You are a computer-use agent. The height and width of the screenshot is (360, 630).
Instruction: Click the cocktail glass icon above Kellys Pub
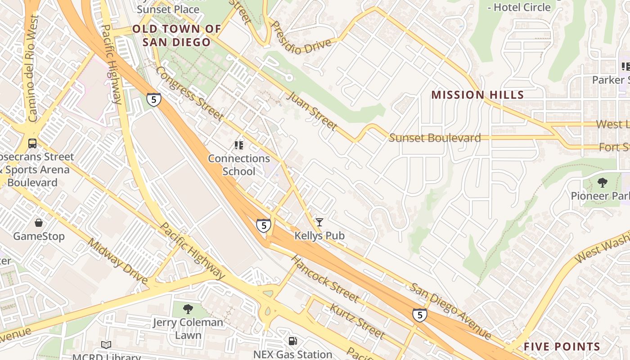click(319, 222)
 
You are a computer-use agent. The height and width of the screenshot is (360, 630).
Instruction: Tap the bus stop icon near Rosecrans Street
click(32, 144)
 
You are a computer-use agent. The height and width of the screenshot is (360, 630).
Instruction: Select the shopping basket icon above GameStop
click(39, 223)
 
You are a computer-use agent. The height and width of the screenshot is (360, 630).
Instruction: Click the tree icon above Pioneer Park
click(602, 183)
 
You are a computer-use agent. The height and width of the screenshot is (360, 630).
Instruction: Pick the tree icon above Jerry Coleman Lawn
click(188, 309)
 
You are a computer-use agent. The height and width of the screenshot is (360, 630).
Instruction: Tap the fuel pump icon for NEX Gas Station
click(292, 342)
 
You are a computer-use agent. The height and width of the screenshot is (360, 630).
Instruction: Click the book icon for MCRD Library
click(106, 345)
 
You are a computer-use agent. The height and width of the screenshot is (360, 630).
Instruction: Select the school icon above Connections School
click(238, 145)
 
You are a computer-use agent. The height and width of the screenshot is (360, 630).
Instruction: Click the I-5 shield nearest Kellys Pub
click(264, 225)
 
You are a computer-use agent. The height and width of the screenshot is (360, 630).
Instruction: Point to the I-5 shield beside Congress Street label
click(153, 99)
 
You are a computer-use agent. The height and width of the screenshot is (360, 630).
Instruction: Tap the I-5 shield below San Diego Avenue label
click(419, 315)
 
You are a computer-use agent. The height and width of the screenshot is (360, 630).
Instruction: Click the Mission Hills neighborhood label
click(477, 95)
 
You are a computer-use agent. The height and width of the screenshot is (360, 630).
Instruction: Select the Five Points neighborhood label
click(562, 346)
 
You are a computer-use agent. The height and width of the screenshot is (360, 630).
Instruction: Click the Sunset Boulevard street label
click(435, 138)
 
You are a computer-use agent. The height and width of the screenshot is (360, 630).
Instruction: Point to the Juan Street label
click(312, 111)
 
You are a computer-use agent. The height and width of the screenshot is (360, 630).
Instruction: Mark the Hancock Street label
click(324, 279)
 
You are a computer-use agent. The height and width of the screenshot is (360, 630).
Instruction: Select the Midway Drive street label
click(117, 261)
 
